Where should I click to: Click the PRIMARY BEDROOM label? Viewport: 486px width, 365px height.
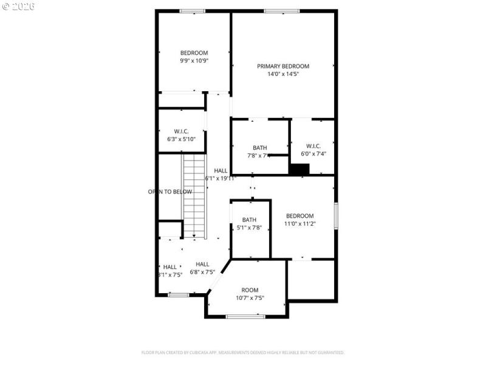pyautogui.click(x=283, y=66)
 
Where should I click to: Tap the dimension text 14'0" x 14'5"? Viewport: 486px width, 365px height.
pyautogui.click(x=283, y=74)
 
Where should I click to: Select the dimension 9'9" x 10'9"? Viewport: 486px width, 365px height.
pyautogui.click(x=194, y=61)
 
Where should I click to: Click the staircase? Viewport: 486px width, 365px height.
pyautogui.click(x=196, y=195)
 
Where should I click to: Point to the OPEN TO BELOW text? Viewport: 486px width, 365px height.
pyautogui.click(x=170, y=192)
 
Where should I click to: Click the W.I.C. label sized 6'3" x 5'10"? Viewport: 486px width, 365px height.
pyautogui.click(x=181, y=131)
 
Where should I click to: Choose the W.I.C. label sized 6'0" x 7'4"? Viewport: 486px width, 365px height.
pyautogui.click(x=313, y=146)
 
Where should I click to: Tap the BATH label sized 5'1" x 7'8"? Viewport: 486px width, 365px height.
pyautogui.click(x=249, y=220)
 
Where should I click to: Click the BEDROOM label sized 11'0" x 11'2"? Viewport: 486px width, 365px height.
pyautogui.click(x=300, y=216)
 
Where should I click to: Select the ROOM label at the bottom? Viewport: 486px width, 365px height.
pyautogui.click(x=250, y=290)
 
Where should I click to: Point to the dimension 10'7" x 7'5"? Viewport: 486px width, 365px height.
pyautogui.click(x=250, y=298)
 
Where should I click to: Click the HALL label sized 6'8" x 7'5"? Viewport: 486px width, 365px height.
pyautogui.click(x=202, y=264)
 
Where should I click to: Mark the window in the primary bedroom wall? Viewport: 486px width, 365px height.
pyautogui.click(x=281, y=11)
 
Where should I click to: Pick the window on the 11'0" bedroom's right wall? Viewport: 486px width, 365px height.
pyautogui.click(x=335, y=217)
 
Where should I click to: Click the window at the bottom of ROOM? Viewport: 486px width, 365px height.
pyautogui.click(x=245, y=316)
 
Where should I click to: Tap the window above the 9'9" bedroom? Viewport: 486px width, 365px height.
pyautogui.click(x=193, y=11)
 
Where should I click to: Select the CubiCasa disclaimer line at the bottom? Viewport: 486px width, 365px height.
pyautogui.click(x=243, y=352)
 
